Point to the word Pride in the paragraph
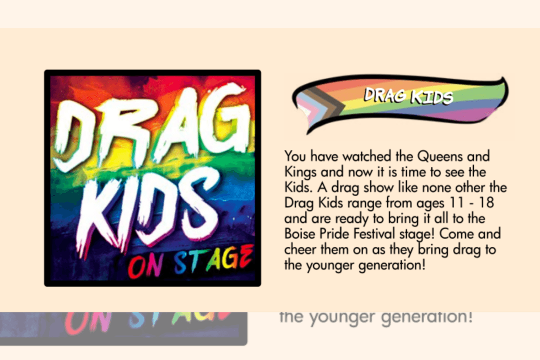334,234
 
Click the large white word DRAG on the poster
150,131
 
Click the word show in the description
365,188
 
